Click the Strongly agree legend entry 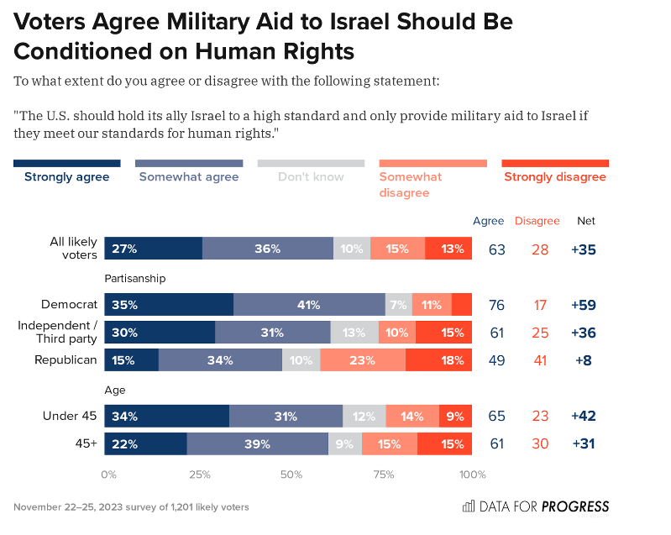pyautogui.click(x=66, y=177)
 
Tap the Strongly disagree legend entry pyautogui.click(x=554, y=177)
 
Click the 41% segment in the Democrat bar pyautogui.click(x=309, y=305)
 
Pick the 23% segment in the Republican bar pyautogui.click(x=363, y=360)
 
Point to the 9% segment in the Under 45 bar pyautogui.click(x=455, y=416)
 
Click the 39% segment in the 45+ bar pyautogui.click(x=257, y=443)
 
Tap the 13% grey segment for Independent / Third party pyautogui.click(x=354, y=333)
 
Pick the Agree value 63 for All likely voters pyautogui.click(x=497, y=249)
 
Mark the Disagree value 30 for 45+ pyautogui.click(x=542, y=443)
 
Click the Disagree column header pyautogui.click(x=537, y=221)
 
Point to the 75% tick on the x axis pyautogui.click(x=383, y=475)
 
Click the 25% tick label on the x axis pyautogui.click(x=200, y=475)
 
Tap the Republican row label pyautogui.click(x=66, y=360)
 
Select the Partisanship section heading pyautogui.click(x=135, y=278)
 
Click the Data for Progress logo pyautogui.click(x=536, y=506)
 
